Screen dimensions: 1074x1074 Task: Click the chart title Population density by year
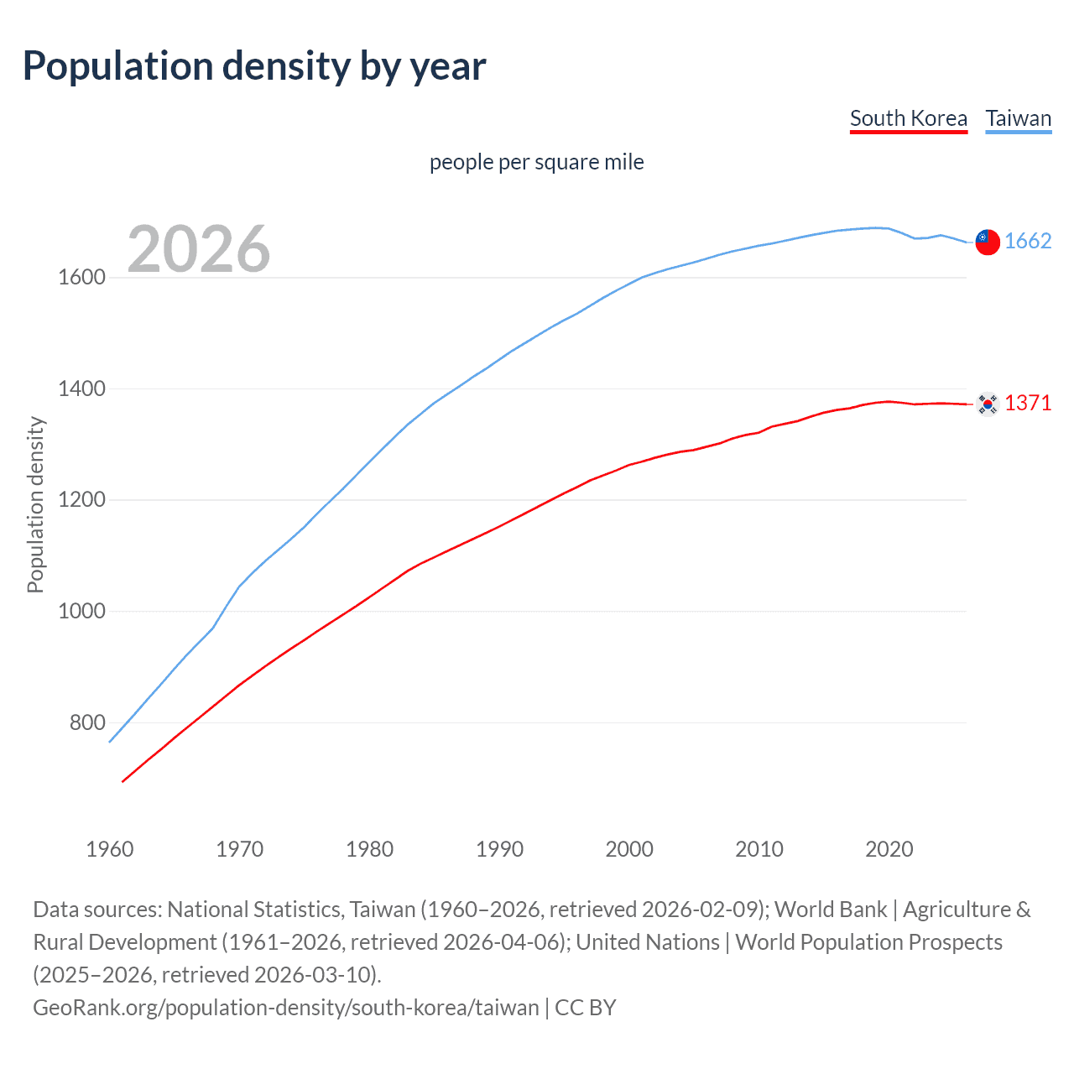254,66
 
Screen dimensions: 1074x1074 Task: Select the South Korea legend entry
909,118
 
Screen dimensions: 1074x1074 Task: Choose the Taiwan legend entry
1019,118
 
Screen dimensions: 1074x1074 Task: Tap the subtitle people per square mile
537,162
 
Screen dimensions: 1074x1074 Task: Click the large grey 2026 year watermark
199,249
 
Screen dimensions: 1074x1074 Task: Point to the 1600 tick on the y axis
81,278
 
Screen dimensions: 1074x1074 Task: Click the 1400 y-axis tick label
81,388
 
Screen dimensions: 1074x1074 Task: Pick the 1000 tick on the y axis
81,611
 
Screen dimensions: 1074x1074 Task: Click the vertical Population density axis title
35,505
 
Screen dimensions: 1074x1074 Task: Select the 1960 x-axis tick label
110,849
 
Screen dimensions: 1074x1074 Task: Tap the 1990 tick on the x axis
499,849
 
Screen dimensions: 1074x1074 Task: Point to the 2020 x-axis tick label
889,849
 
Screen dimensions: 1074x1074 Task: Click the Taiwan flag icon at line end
988,242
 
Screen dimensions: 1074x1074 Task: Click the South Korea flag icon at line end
988,404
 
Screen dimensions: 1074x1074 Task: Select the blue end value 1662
1028,242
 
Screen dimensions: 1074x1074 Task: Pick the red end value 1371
1028,404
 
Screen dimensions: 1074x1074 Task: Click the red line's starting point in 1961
123,781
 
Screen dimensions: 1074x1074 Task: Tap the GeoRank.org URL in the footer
286,1008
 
